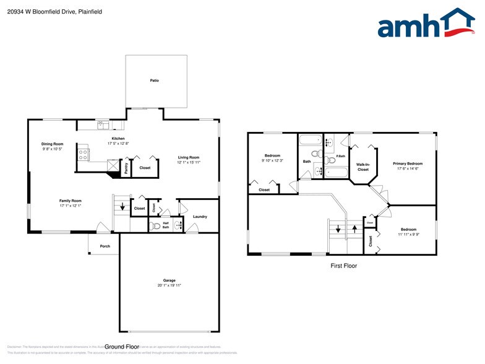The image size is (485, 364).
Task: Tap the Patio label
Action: pos(154,80)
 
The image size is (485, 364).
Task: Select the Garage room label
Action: pos(169,280)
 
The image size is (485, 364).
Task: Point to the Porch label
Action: pos(105,246)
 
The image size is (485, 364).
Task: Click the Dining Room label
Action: pos(53,144)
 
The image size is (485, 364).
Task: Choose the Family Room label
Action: pos(71,201)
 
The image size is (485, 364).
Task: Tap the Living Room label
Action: pos(189,157)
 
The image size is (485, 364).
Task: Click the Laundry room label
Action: pos(200,217)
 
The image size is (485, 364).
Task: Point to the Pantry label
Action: pos(126,168)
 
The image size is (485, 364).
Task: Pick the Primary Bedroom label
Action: pos(408,163)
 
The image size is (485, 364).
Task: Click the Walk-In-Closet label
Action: pos(363,167)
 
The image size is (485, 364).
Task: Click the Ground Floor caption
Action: pos(122,347)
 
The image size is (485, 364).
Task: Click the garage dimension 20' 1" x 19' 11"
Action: pos(169,285)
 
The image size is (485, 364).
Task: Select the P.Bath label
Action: pos(340,156)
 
